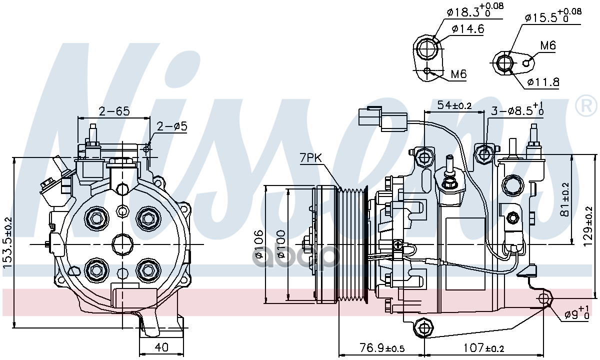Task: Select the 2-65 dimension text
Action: tap(114, 111)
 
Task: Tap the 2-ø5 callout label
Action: tap(171, 126)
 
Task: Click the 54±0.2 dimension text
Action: tap(454, 105)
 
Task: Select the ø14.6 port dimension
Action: tap(467, 29)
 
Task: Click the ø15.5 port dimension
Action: tap(553, 16)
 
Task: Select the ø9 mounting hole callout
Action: tap(576, 313)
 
